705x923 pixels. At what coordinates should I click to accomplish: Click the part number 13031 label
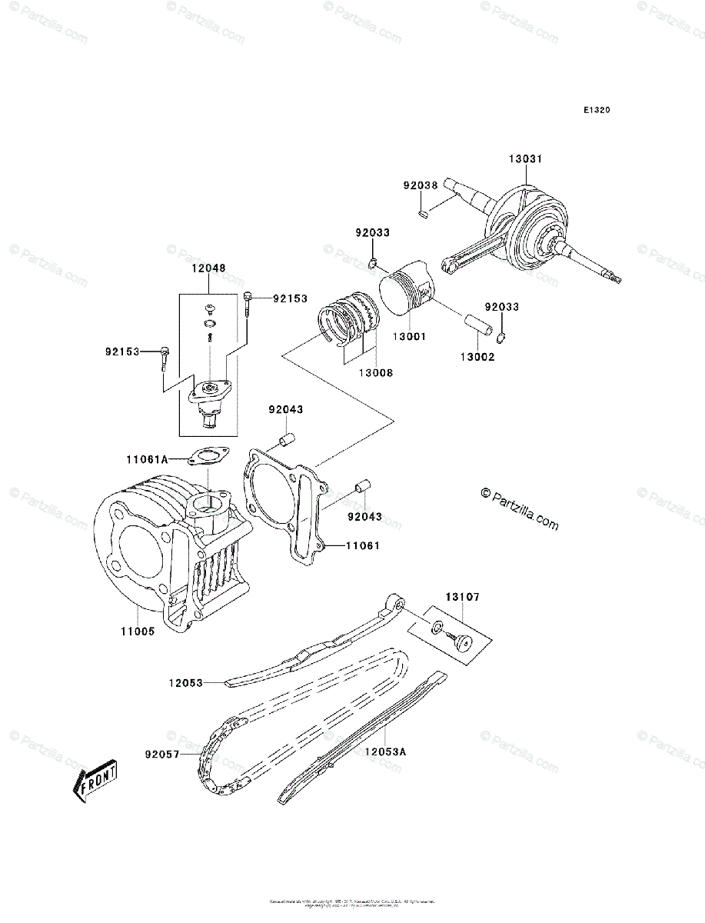point(525,159)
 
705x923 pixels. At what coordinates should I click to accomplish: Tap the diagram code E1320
point(596,110)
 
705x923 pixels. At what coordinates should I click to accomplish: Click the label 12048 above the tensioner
point(208,268)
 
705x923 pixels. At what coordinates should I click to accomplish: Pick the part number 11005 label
point(137,631)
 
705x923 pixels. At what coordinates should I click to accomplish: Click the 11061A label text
point(147,459)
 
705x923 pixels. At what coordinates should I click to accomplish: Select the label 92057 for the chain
point(161,755)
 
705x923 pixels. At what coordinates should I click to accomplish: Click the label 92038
point(421,185)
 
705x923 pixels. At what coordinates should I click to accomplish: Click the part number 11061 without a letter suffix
point(362,545)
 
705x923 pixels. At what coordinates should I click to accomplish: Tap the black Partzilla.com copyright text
point(519,509)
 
